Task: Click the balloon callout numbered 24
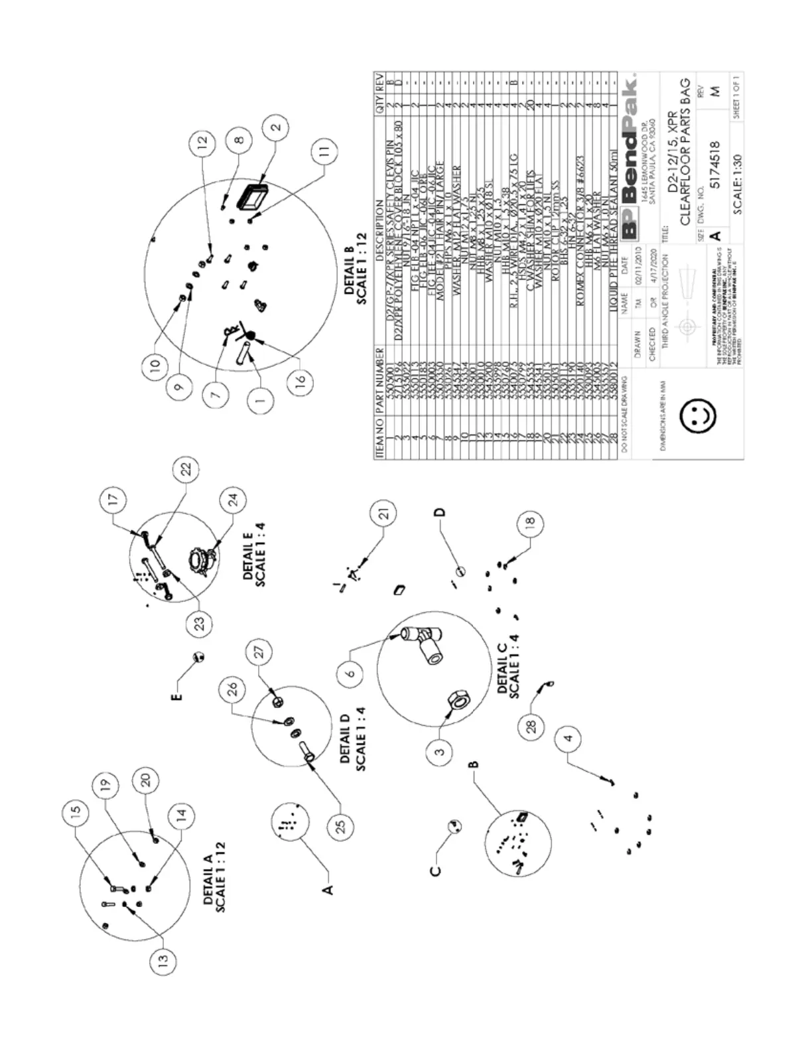233,500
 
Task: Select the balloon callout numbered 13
164,959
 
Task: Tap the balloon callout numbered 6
351,673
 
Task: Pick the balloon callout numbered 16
302,384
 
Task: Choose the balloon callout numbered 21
385,512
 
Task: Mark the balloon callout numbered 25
342,827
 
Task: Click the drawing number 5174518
714,164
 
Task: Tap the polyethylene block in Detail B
253,196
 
